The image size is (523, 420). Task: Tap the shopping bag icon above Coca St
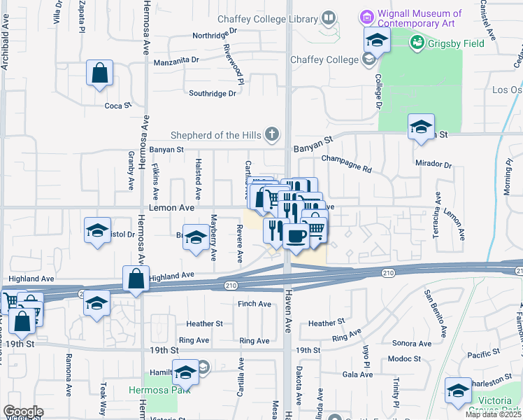pyautogui.click(x=100, y=71)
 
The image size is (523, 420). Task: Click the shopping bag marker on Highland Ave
pyautogui.click(x=136, y=279)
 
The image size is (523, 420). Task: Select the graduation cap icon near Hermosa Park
pyautogui.click(x=185, y=372)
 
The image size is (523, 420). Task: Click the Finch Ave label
pyautogui.click(x=255, y=304)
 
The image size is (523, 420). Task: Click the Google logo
pyautogui.click(x=23, y=412)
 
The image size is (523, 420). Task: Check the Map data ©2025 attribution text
pyautogui.click(x=493, y=414)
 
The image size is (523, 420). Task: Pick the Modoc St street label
pyautogui.click(x=406, y=358)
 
